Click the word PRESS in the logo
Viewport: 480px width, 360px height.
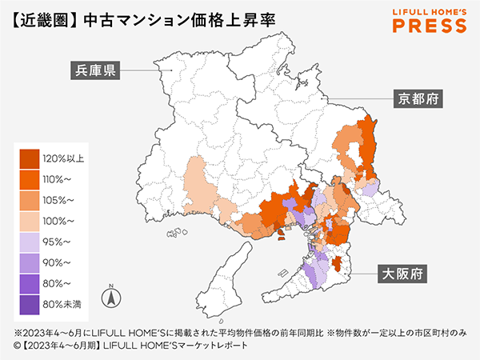[430, 26]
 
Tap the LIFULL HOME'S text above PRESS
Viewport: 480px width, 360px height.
[430, 11]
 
